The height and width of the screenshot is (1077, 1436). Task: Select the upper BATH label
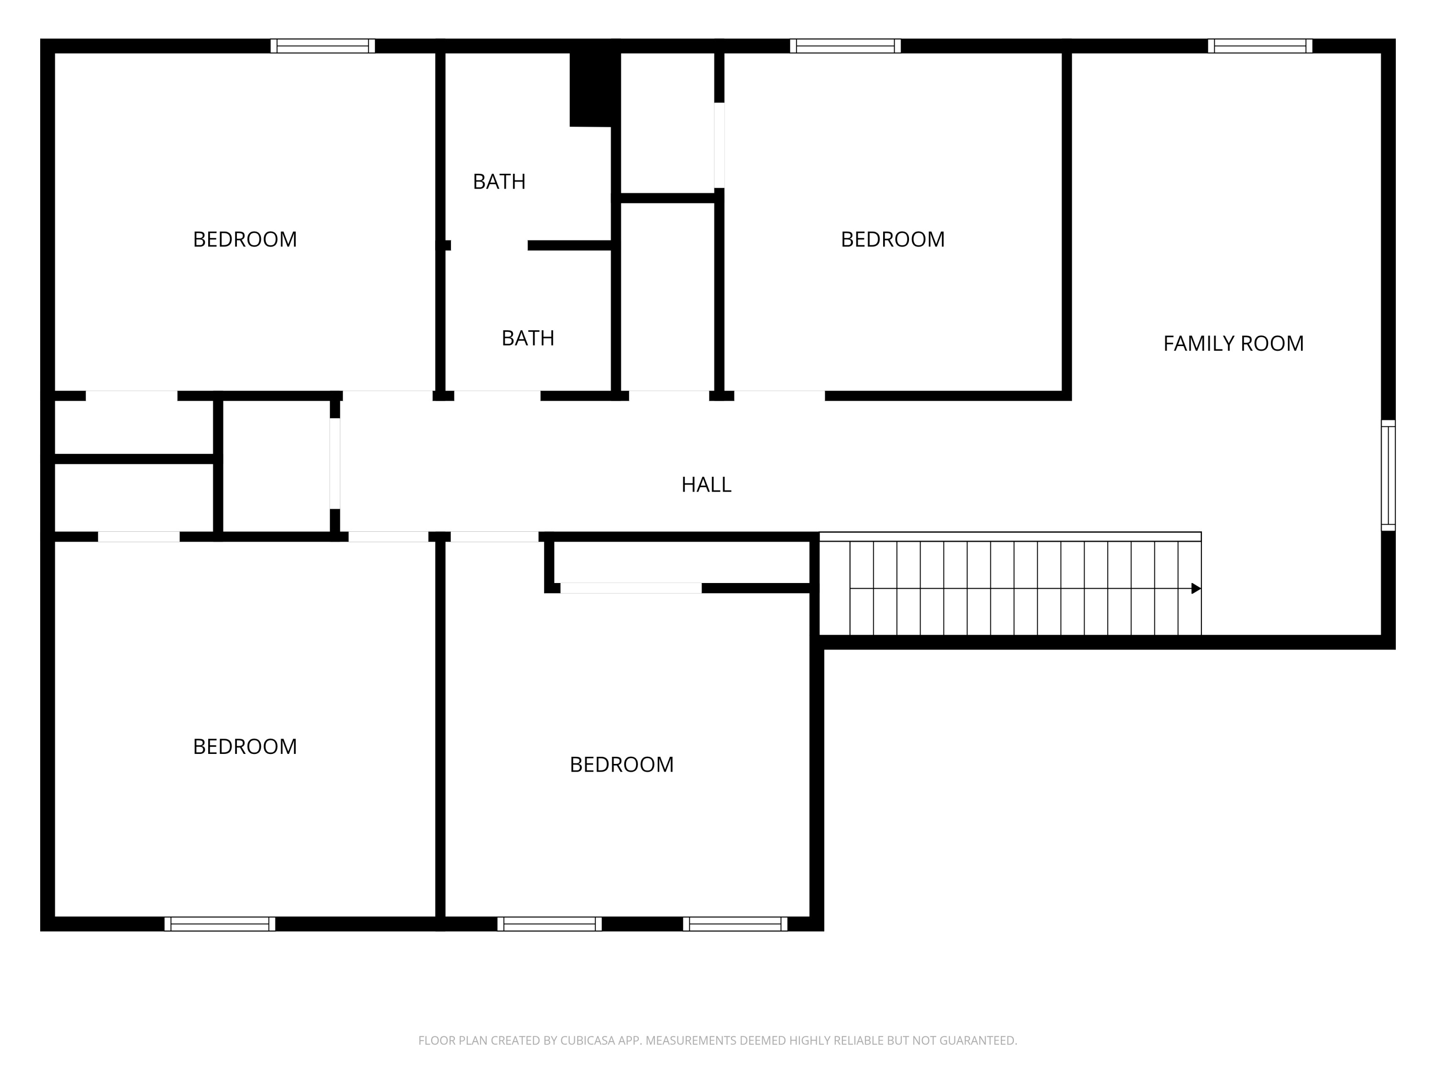click(x=499, y=182)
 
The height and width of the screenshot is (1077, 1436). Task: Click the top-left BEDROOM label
click(x=245, y=239)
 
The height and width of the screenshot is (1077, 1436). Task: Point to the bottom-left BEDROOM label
click(x=245, y=747)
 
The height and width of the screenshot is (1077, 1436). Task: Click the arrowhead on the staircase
click(x=1195, y=589)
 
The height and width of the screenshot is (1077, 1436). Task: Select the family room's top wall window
click(x=1259, y=46)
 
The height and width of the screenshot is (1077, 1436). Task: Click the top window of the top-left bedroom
click(x=323, y=46)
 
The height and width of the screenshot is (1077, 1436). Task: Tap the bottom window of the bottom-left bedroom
click(x=219, y=924)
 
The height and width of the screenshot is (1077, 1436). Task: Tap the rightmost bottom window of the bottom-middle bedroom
click(x=735, y=924)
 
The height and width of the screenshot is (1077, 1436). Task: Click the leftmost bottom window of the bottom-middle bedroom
click(x=549, y=924)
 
